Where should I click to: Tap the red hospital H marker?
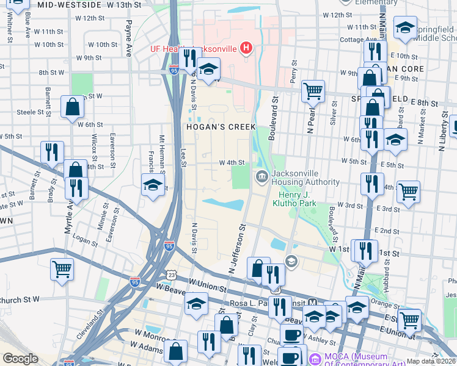point(246,48)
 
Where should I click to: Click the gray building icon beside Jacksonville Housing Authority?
point(261,178)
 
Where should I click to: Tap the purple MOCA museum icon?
point(315,359)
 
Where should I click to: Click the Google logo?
point(20,359)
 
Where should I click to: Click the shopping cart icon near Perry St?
point(313,91)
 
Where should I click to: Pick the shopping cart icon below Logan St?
point(62,268)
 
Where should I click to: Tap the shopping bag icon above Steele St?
point(72,107)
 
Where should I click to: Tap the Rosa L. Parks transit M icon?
point(312,303)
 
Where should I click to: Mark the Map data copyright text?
point(431,361)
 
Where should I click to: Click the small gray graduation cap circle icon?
point(291,261)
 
